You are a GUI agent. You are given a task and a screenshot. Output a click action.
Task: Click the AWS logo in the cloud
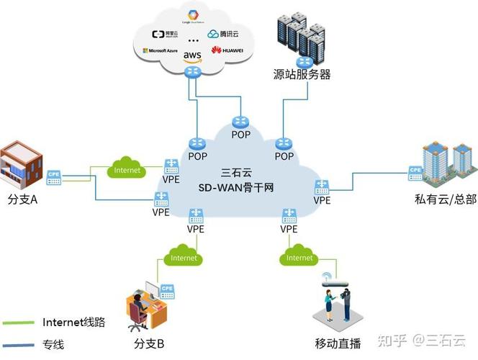click(192, 55)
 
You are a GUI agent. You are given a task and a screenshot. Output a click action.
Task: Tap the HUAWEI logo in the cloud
click(227, 50)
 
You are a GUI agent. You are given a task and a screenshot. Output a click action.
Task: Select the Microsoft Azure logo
click(161, 50)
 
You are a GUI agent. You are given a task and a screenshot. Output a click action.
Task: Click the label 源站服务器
click(302, 74)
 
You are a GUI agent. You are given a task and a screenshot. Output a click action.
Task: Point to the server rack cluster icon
click(301, 36)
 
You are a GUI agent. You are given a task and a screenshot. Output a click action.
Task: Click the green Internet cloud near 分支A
click(127, 171)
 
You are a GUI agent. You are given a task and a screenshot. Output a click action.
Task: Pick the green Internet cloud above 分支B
click(184, 257)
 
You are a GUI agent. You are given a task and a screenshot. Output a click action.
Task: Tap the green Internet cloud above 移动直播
click(299, 257)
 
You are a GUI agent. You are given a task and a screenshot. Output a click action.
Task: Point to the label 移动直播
click(338, 342)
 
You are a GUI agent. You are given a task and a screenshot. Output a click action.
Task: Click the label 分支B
click(150, 342)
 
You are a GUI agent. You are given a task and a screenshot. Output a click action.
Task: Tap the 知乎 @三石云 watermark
click(423, 339)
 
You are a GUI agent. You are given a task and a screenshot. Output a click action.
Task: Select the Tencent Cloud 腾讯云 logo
click(222, 34)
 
